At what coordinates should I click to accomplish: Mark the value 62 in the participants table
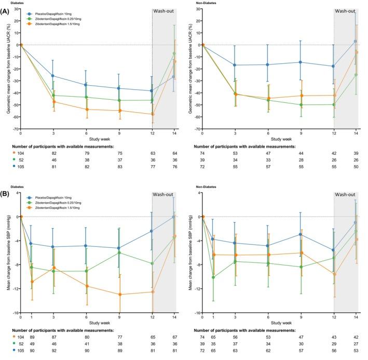267,351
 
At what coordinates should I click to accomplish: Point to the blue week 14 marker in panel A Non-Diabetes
356,41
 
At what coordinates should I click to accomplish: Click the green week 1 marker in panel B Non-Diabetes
213,277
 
